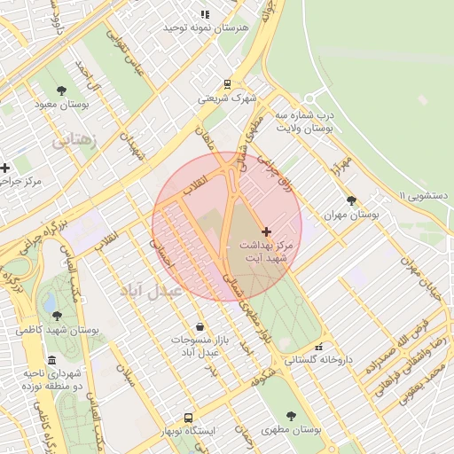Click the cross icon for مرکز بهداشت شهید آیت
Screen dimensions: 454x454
(266, 231)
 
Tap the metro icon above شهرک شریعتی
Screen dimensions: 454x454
(227, 85)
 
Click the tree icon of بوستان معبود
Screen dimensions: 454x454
(61, 90)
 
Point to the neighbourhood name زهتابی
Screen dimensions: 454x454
(77, 140)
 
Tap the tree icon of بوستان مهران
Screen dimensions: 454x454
(352, 200)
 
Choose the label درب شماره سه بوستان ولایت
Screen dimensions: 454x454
(303, 121)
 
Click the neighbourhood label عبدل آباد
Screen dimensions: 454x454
(150, 289)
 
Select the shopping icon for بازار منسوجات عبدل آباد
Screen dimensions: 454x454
(200, 325)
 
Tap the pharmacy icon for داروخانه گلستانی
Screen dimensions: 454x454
(319, 347)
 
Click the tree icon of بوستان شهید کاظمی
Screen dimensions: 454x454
(58, 315)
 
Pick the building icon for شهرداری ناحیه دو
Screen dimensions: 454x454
(52, 361)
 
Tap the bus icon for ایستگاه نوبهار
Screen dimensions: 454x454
(188, 417)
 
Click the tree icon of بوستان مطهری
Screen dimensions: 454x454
(293, 414)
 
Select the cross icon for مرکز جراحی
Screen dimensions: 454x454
(5, 168)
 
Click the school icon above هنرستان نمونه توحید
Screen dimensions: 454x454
(205, 14)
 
